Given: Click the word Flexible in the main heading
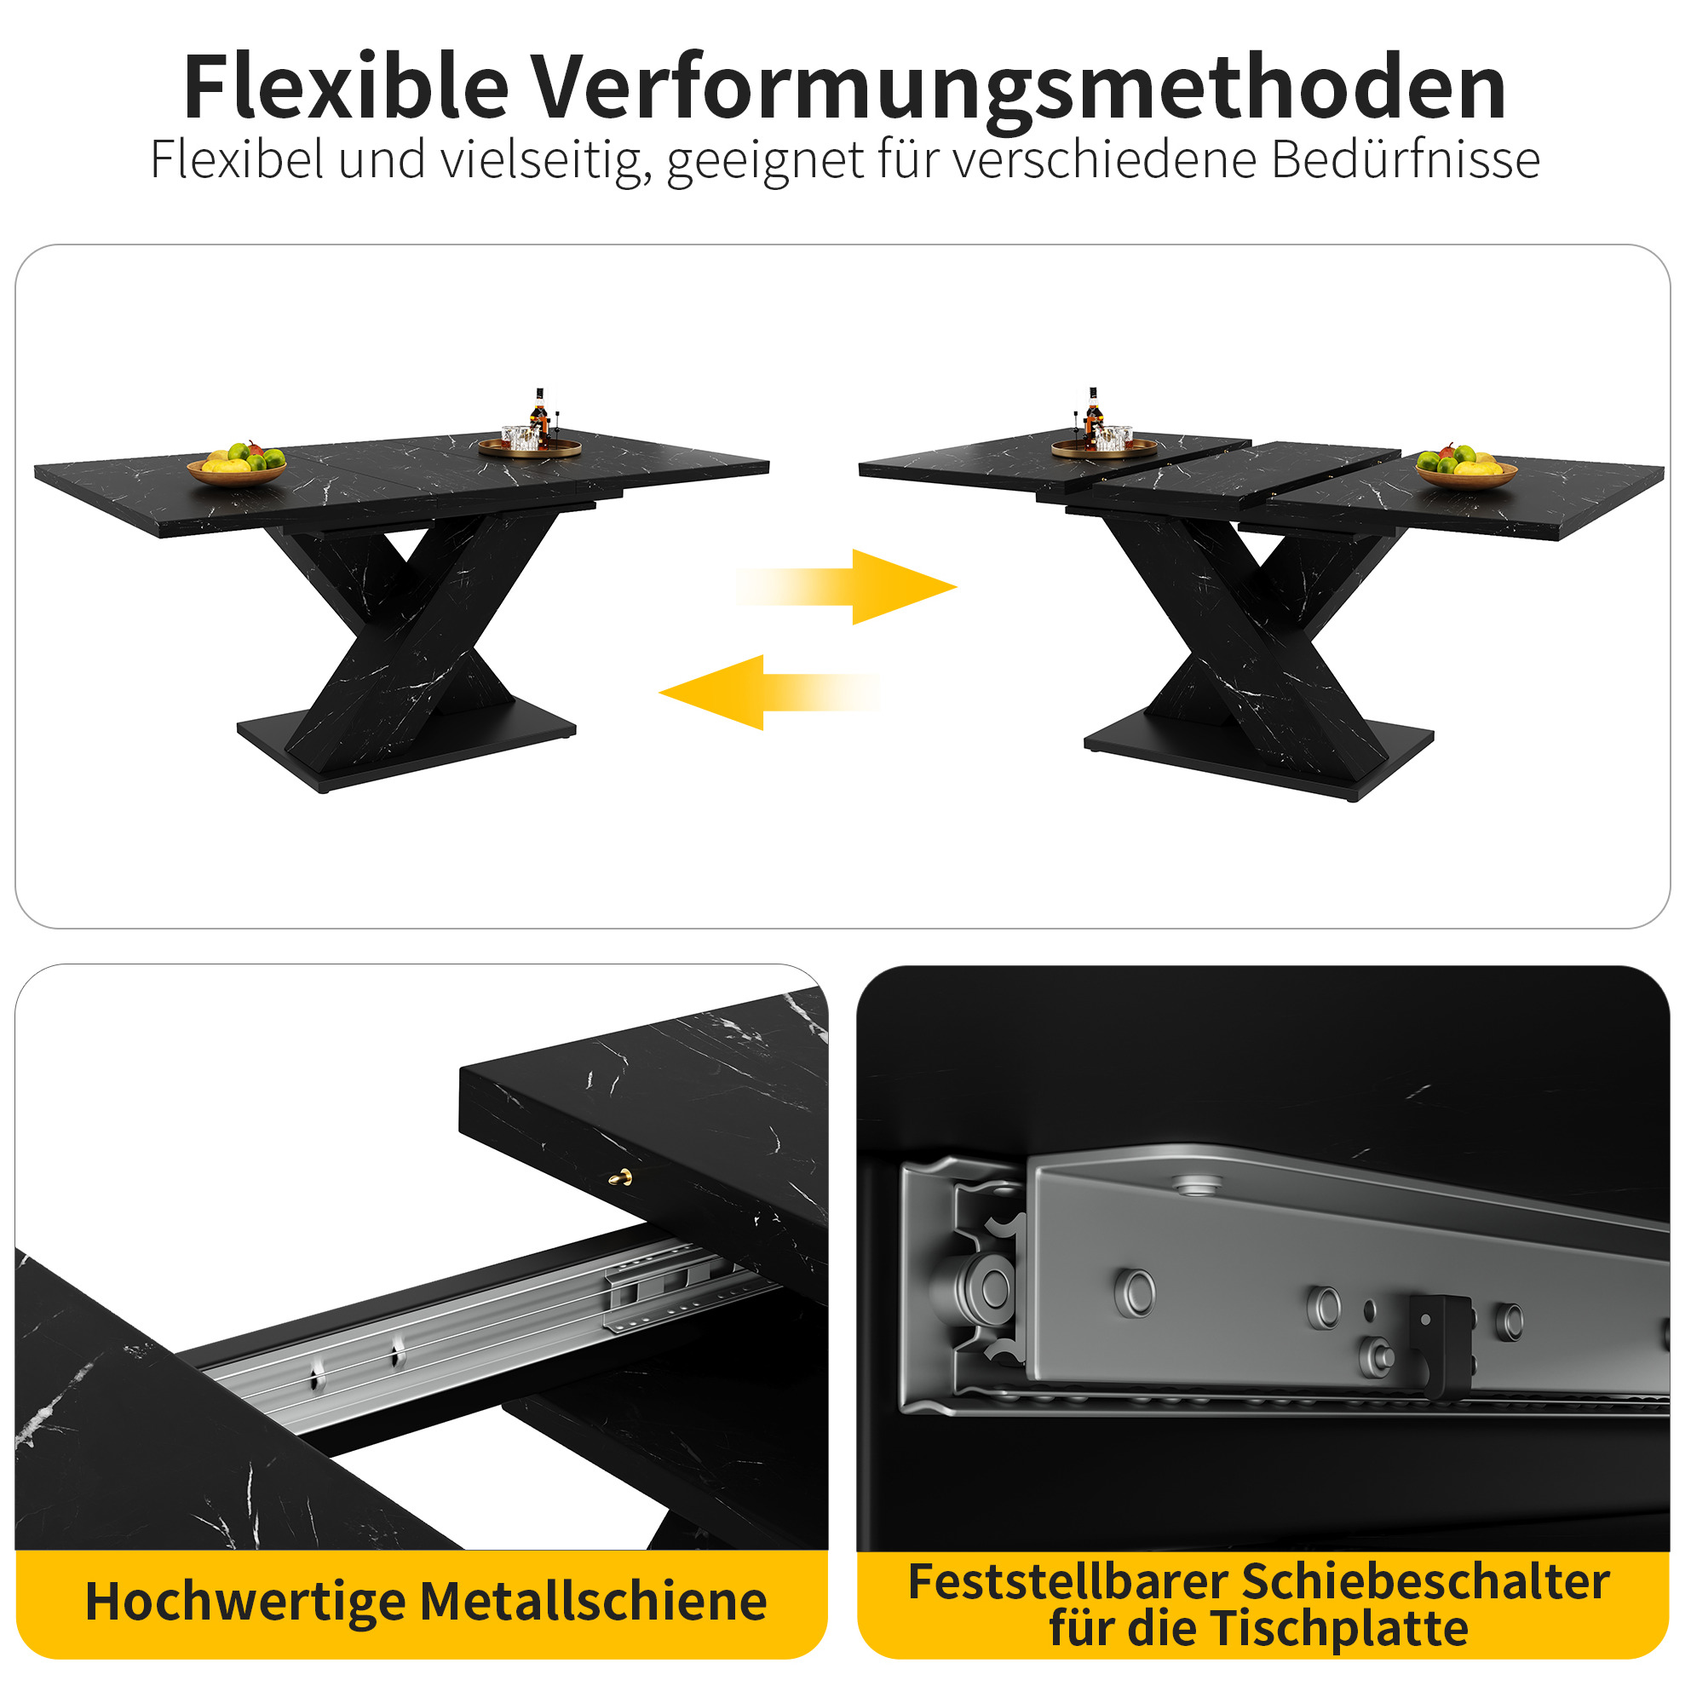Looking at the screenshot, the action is click(x=346, y=87).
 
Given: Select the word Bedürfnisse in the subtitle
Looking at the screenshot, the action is click(x=1406, y=159).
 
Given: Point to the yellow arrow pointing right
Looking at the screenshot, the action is click(x=845, y=587).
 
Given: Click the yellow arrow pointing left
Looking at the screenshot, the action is click(x=769, y=692).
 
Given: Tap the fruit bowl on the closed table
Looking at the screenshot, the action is click(x=238, y=465).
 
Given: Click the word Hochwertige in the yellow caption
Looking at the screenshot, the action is click(x=246, y=1603).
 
